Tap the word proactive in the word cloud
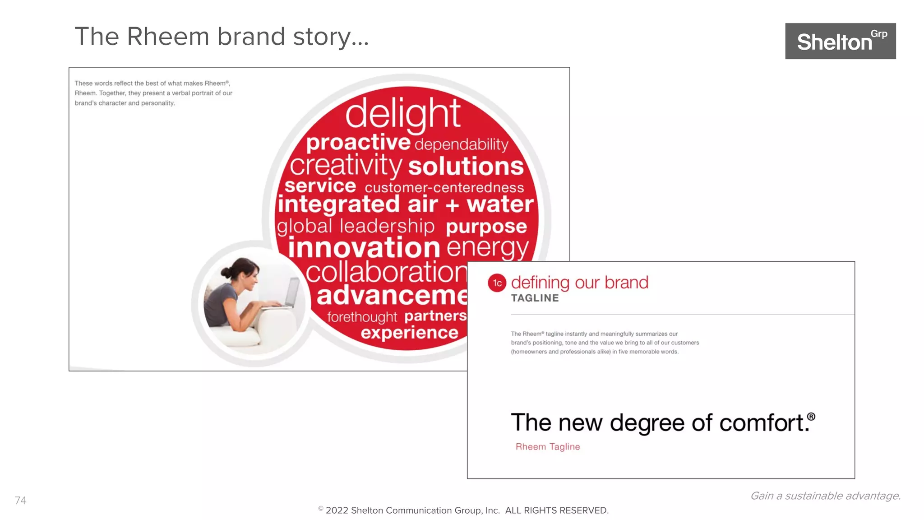click(358, 142)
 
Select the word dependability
click(461, 144)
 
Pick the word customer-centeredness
click(444, 187)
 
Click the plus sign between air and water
click(452, 205)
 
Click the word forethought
click(362, 317)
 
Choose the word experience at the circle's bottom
click(409, 333)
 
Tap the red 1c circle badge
click(497, 283)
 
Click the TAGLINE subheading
click(535, 298)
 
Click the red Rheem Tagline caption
click(547, 446)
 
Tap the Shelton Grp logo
click(840, 41)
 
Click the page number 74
click(21, 500)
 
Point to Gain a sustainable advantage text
click(825, 496)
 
